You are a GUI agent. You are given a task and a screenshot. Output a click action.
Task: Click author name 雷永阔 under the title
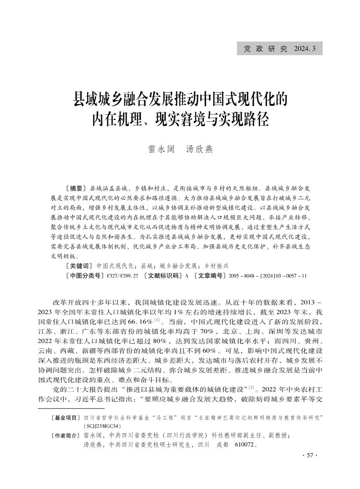click(x=161, y=149)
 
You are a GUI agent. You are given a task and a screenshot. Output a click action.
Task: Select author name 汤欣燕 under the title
click(x=200, y=149)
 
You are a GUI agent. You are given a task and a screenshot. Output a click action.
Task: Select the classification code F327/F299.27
click(x=123, y=276)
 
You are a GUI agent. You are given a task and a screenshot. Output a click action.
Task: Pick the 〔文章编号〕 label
click(x=209, y=276)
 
